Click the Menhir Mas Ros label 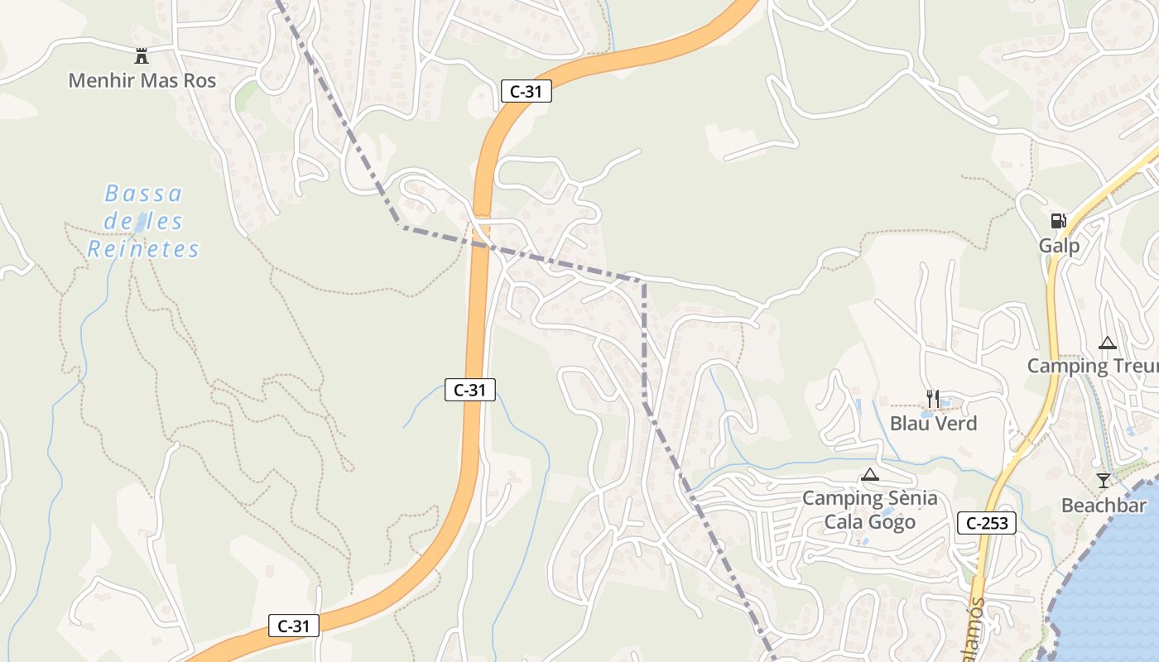(142, 80)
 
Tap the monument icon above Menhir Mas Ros (142, 56)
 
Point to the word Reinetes (143, 249)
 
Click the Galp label (1059, 246)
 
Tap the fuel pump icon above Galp (1058, 221)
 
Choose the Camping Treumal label (1093, 366)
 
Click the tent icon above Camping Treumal (1107, 343)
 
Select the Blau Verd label (933, 424)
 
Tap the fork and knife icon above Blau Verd (933, 399)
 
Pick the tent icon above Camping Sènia (869, 475)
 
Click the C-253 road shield (987, 523)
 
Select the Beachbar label (1104, 506)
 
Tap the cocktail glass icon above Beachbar (1103, 481)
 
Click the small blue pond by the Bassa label (142, 222)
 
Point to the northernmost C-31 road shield (526, 92)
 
